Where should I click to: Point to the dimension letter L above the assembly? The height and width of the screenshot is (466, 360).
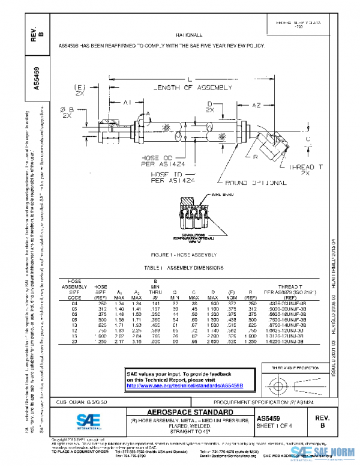[x=189, y=79]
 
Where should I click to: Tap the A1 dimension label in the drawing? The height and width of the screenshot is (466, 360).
[x=127, y=103]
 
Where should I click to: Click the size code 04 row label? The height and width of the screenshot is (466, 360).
[x=74, y=304]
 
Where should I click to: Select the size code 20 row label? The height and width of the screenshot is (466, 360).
[x=74, y=342]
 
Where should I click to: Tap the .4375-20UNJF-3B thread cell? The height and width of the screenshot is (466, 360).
[x=289, y=304]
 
